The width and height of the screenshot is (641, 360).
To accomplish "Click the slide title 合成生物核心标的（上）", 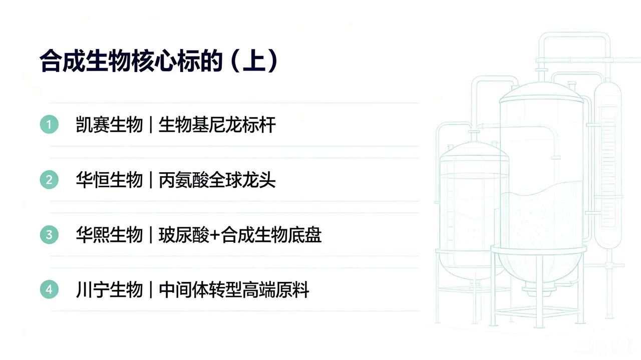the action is pyautogui.click(x=159, y=61).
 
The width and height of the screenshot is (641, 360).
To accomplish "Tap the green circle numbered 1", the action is pyautogui.click(x=49, y=125).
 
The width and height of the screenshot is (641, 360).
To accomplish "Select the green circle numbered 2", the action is pyautogui.click(x=49, y=180).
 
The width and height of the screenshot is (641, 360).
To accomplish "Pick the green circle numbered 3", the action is pyautogui.click(x=49, y=235).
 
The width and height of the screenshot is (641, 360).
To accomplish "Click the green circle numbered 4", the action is pyautogui.click(x=49, y=289).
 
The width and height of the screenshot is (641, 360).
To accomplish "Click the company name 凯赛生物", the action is pyautogui.click(x=109, y=125).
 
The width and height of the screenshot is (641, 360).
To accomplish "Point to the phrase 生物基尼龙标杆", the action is pyautogui.click(x=217, y=125).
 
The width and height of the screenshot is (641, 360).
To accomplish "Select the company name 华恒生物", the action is pyautogui.click(x=109, y=180).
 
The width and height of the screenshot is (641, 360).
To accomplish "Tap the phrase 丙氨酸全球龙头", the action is pyautogui.click(x=217, y=180).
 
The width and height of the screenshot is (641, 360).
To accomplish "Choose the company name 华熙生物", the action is pyautogui.click(x=109, y=235).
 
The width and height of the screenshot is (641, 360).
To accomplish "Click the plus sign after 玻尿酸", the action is pyautogui.click(x=215, y=235).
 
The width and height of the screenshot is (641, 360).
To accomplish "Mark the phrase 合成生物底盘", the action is pyautogui.click(x=271, y=235).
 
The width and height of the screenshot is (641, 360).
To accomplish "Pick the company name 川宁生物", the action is pyautogui.click(x=109, y=289).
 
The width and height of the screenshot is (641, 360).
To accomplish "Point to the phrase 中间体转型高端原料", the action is pyautogui.click(x=234, y=289).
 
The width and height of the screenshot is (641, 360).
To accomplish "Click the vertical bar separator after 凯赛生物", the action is pyautogui.click(x=151, y=125).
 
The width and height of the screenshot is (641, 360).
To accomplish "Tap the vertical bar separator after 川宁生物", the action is pyautogui.click(x=151, y=289).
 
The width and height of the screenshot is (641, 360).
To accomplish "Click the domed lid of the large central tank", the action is pyautogui.click(x=541, y=92).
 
